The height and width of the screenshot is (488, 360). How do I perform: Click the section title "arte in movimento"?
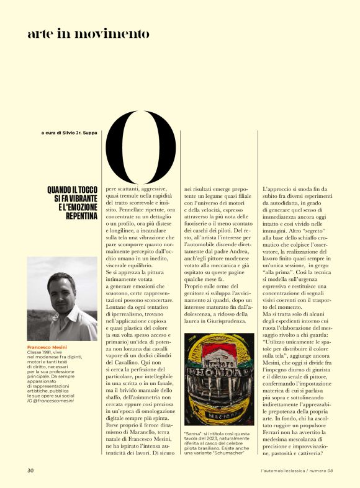[x=88, y=34]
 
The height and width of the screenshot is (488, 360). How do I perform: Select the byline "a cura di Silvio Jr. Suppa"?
[x=69, y=132]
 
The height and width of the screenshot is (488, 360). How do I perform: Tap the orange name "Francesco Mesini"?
[x=48, y=347]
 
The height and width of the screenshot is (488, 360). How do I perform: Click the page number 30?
[x=30, y=471]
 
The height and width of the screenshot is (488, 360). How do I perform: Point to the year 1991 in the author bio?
[x=50, y=354]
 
